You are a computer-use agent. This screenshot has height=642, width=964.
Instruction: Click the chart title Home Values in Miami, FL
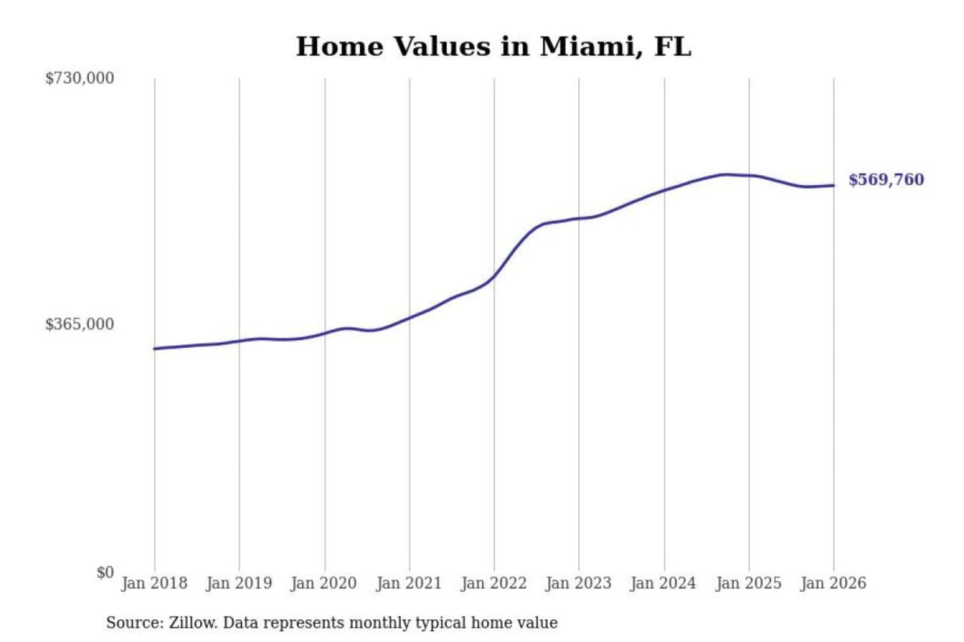pos(493,47)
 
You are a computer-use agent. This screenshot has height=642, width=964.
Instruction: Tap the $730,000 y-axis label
pos(80,78)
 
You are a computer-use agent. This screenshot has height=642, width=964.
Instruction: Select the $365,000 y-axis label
pos(80,324)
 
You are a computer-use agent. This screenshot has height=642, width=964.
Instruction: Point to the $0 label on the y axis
pos(105,572)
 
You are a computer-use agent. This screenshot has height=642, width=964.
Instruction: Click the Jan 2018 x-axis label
pos(154,583)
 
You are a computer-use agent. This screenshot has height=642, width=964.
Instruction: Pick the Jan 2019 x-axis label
pos(239,583)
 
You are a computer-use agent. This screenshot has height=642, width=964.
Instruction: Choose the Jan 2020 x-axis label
pos(324,583)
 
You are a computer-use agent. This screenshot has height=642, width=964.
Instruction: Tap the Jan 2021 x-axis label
pos(409,583)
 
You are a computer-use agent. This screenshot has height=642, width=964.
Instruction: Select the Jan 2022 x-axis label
pos(494,583)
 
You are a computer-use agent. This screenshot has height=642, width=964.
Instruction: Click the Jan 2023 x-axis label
pos(578,583)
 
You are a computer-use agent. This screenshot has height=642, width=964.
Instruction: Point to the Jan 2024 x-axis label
pos(663,583)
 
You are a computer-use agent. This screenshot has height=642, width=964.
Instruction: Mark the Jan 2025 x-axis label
pos(748,583)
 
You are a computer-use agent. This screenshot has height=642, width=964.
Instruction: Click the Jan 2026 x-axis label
pos(833,583)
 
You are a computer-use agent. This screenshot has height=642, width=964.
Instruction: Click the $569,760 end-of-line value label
pos(886,180)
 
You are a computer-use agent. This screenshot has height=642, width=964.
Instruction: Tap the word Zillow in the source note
pos(192,623)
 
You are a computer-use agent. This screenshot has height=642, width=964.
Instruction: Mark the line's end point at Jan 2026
pos(833,185)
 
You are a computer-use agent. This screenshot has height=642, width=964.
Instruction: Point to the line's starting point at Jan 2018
pos(155,348)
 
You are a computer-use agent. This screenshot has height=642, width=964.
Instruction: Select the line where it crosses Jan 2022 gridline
pos(494,275)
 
